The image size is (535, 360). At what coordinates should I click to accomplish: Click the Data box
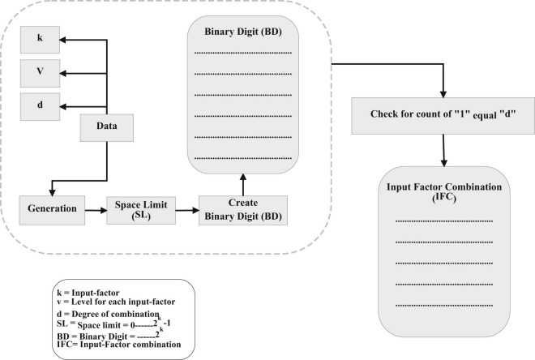click(x=105, y=127)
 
